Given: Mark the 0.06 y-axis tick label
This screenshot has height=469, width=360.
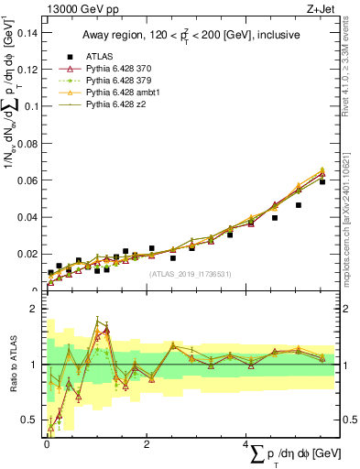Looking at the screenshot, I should pos(27,180).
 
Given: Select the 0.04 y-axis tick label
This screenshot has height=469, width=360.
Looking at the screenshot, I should pos(27,217).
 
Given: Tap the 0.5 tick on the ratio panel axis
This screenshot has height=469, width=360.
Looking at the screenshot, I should pos(30,420).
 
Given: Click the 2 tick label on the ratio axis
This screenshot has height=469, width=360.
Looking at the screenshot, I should pos(35,309).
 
